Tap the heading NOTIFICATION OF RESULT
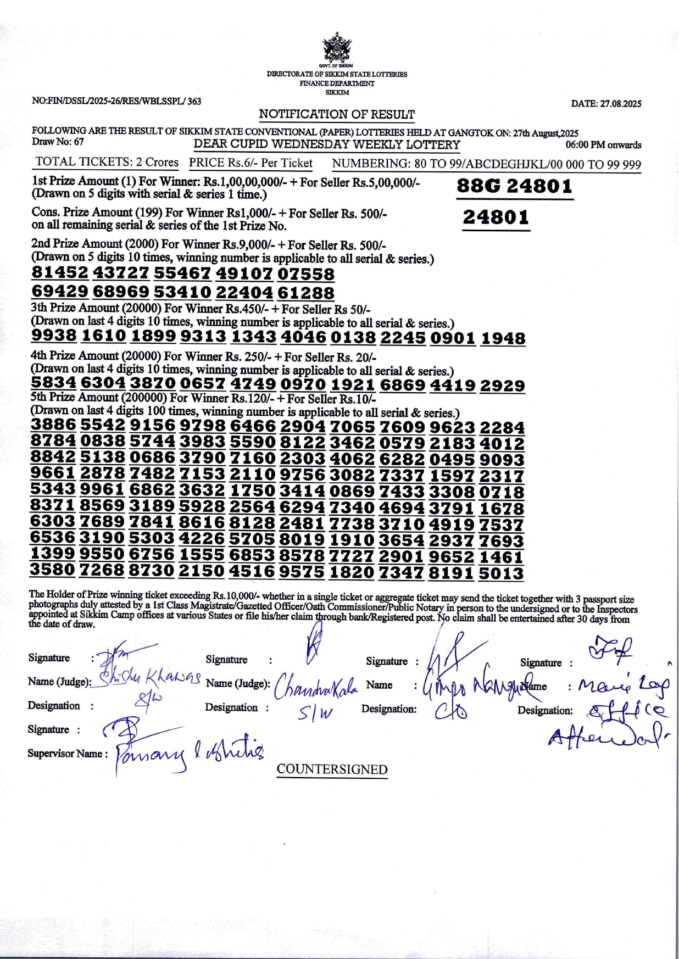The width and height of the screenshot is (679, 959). pos(337,114)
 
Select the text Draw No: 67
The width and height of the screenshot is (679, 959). pos(58,142)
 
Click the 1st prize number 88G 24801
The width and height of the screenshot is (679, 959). pos(515,187)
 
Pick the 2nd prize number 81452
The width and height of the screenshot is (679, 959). pos(60,273)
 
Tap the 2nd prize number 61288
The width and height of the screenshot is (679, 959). pos(306,292)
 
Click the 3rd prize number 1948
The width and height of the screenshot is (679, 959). pos(503,338)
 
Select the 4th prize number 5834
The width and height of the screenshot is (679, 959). pos(53,383)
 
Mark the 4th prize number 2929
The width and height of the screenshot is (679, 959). pos(502,386)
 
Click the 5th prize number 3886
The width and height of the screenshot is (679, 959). pos(53,425)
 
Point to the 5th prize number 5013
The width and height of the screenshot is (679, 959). pos(501,574)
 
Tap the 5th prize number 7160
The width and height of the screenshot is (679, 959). pos(252,458)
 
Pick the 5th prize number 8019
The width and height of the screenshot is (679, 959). pos(302,540)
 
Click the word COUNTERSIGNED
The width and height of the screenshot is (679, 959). pos(332,770)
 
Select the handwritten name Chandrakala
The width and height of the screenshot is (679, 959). pos(316,685)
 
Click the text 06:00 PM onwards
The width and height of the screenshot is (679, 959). pos(603,146)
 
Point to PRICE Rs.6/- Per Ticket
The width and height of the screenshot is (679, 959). pos(251,163)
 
